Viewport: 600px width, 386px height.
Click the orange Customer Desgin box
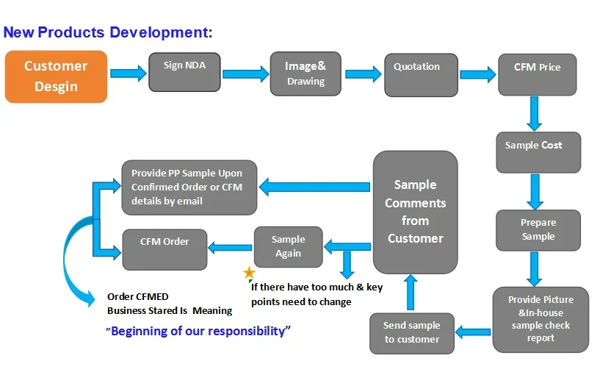[56, 76]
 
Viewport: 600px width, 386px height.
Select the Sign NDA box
[184, 71]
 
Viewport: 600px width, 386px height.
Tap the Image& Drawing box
[306, 74]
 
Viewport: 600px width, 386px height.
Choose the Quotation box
[416, 74]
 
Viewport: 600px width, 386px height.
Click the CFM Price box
[537, 74]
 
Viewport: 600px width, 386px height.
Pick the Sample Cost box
[538, 152]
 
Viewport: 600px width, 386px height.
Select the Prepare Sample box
[538, 229]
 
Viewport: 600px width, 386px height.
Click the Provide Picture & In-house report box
[541, 319]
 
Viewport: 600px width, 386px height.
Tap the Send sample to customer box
[412, 332]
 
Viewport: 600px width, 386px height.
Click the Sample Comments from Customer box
[415, 212]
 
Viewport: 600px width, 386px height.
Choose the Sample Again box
[288, 246]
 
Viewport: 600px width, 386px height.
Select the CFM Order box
[165, 249]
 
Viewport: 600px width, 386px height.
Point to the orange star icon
[249, 274]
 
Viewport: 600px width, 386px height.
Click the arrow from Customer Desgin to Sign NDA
[128, 72]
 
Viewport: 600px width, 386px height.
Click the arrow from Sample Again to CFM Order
[231, 248]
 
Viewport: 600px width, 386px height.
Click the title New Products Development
[108, 32]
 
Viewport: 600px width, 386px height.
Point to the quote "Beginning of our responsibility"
[198, 331]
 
